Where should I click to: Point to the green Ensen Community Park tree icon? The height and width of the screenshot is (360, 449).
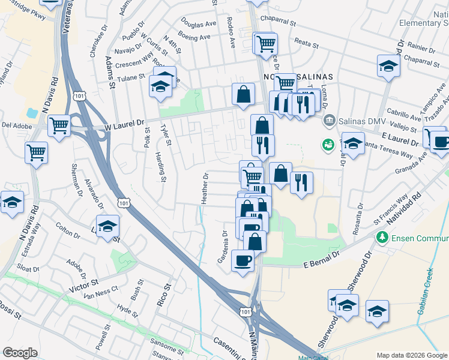pyautogui.click(x=381, y=238)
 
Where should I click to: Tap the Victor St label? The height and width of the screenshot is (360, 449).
pyautogui.click(x=86, y=281)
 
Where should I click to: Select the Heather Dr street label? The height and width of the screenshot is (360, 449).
pyautogui.click(x=205, y=188)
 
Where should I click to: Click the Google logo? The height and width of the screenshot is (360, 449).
pyautogui.click(x=20, y=353)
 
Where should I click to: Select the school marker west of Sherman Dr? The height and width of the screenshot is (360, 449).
pyautogui.click(x=12, y=201)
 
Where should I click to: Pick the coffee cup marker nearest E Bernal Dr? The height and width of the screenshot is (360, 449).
pyautogui.click(x=243, y=260)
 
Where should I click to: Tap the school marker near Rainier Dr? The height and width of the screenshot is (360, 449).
pyautogui.click(x=388, y=65)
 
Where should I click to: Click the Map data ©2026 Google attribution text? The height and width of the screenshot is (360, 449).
pyautogui.click(x=411, y=355)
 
